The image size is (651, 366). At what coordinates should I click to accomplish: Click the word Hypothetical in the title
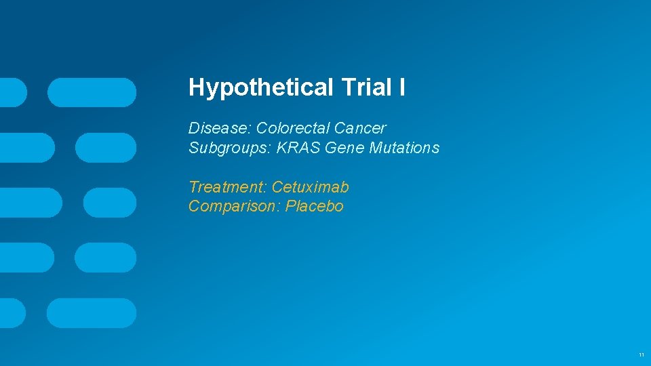(260, 87)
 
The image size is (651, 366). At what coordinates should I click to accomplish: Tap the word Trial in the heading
(366, 87)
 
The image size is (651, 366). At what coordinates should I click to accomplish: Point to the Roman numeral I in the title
(402, 87)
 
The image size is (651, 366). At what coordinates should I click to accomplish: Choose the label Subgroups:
(230, 148)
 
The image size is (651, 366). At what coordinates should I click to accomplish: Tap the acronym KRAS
(299, 148)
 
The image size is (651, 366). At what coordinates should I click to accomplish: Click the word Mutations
(404, 148)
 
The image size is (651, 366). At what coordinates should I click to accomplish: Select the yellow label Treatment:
(228, 187)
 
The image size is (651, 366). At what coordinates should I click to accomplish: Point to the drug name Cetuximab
(311, 187)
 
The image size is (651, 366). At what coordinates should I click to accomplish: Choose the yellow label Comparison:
(235, 206)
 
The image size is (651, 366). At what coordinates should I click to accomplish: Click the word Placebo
(315, 206)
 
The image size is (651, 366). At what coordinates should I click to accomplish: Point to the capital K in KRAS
(281, 148)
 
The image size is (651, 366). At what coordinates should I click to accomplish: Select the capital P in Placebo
(290, 206)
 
